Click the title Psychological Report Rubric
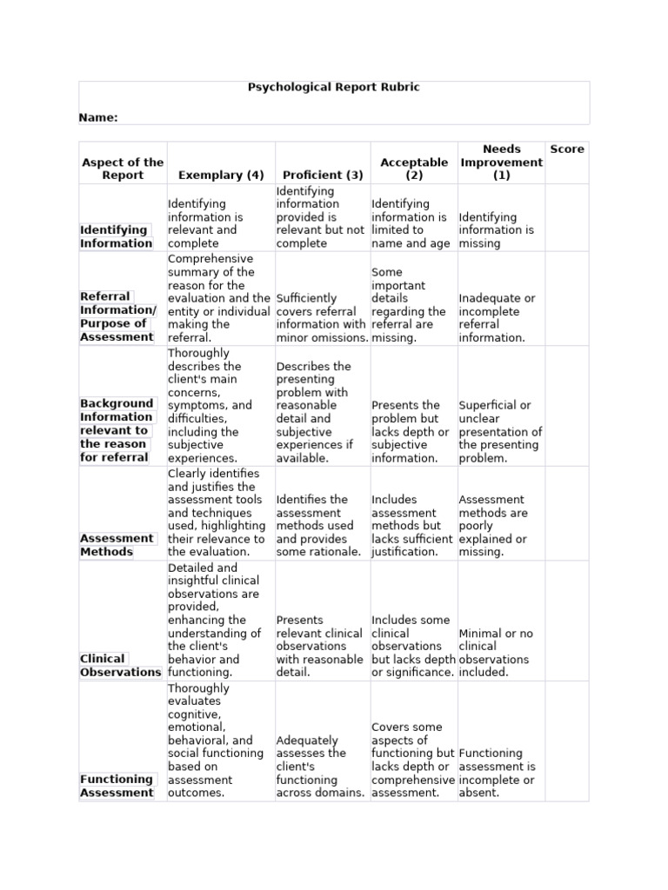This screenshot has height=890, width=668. (x=334, y=88)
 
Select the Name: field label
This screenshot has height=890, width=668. (x=98, y=117)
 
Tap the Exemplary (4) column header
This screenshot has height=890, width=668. (x=220, y=175)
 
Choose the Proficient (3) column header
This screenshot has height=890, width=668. (x=323, y=175)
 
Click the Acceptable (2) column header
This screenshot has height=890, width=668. (x=414, y=169)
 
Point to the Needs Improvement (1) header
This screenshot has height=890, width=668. (x=501, y=162)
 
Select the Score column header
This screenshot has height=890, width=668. (x=567, y=149)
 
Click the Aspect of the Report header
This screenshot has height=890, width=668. (x=123, y=169)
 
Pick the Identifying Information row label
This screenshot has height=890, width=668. (x=117, y=236)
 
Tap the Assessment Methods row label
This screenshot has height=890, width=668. (x=117, y=545)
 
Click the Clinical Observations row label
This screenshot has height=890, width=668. (x=120, y=665)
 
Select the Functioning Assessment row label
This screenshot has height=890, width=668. (x=117, y=786)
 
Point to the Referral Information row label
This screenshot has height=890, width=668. (x=117, y=316)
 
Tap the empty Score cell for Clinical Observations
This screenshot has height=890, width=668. (x=567, y=621)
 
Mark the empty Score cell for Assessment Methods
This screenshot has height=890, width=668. (x=567, y=513)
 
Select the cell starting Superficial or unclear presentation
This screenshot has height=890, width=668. (x=500, y=432)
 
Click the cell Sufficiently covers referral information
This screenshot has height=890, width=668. (x=322, y=317)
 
